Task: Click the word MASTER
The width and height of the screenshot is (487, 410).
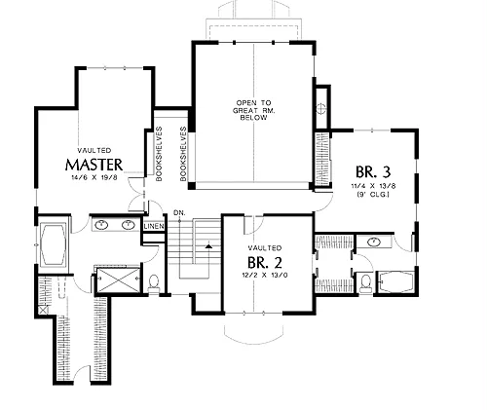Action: click(94, 165)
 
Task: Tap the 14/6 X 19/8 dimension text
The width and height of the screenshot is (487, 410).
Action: click(94, 177)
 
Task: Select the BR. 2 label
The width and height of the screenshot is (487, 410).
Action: click(265, 263)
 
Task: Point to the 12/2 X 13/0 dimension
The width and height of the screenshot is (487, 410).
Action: click(265, 275)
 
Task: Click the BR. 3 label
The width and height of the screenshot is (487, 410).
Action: click(373, 172)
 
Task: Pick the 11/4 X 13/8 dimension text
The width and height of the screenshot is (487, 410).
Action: click(373, 186)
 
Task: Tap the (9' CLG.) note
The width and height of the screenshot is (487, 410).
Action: click(373, 195)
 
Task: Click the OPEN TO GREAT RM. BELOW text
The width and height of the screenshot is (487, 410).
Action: click(254, 110)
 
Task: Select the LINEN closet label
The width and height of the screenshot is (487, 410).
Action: click(154, 226)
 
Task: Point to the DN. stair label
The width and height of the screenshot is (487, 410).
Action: click(179, 213)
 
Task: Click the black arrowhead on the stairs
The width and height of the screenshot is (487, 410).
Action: click(208, 246)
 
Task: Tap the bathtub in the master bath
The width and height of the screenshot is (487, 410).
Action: click(53, 244)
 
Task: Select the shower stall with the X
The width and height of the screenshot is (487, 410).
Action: click(119, 280)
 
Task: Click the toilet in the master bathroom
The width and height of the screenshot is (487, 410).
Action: click(153, 283)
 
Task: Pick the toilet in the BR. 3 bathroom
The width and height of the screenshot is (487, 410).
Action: click(366, 283)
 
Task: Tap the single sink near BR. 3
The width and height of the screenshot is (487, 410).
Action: click(374, 242)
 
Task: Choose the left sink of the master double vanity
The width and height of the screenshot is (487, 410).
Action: click(102, 224)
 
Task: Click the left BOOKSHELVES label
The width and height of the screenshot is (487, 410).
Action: click(159, 154)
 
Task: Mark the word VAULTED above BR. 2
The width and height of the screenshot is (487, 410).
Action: click(265, 248)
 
